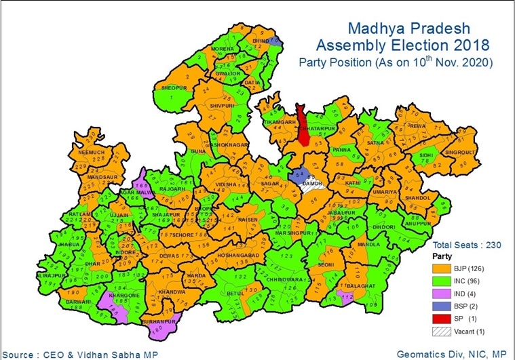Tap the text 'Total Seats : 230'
click(x=466, y=245)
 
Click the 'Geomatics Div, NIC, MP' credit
click(x=452, y=353)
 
